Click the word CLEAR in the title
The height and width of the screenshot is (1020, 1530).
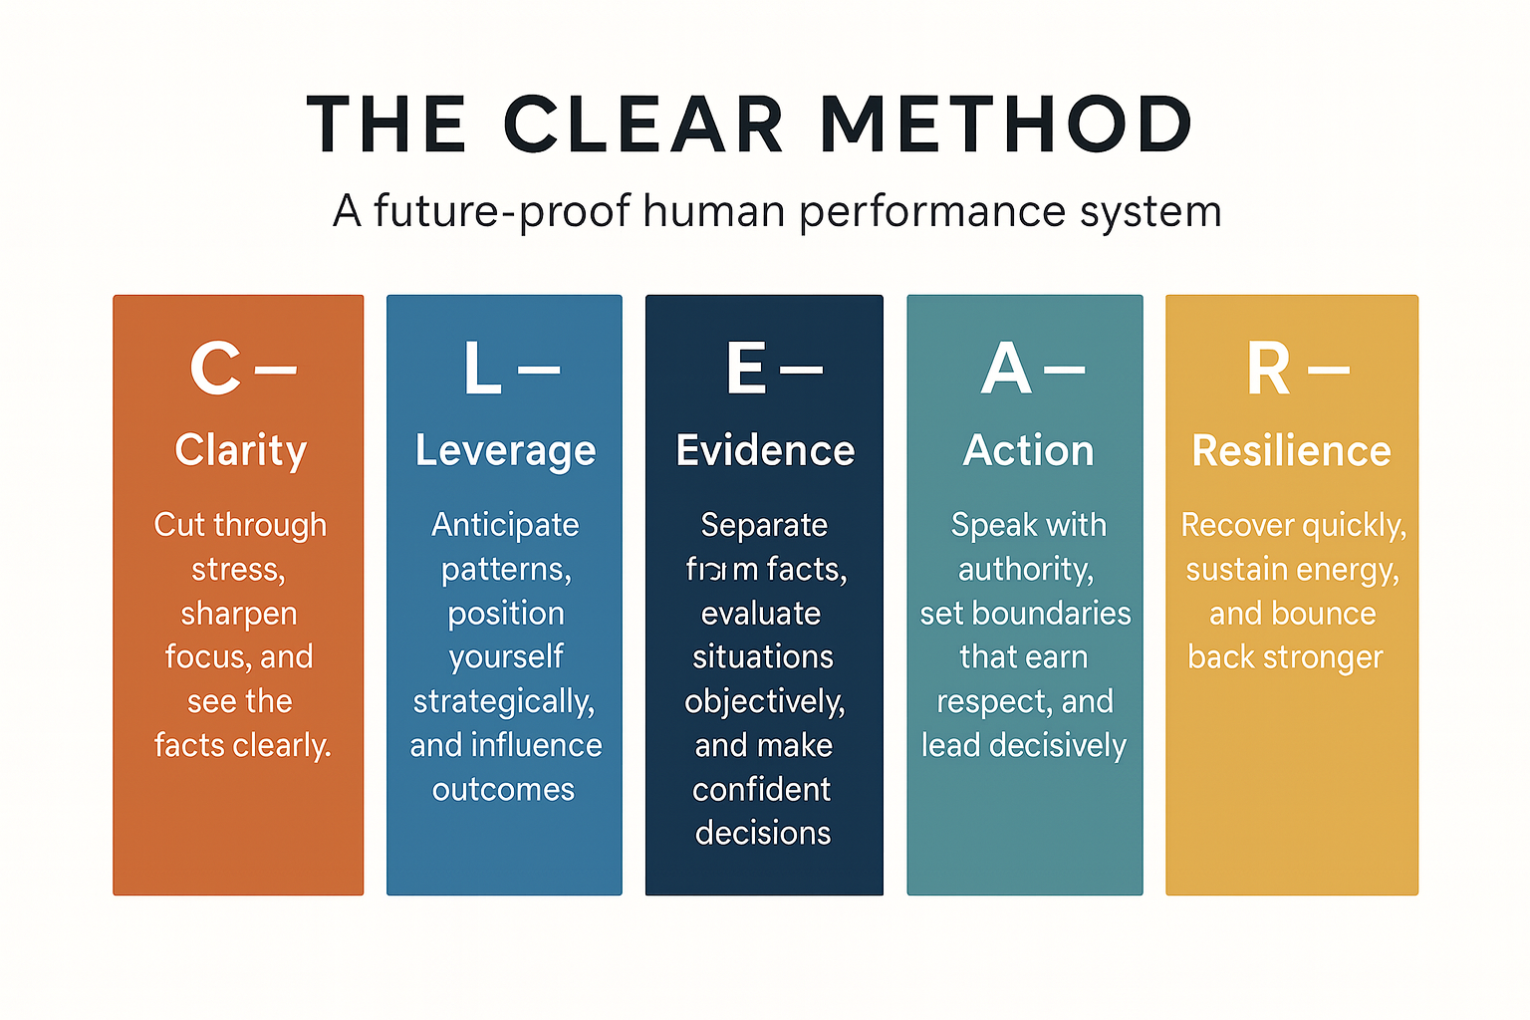[x=643, y=125]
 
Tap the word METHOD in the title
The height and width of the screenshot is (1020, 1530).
[x=1006, y=125]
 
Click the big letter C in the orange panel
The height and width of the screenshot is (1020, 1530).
[x=215, y=369]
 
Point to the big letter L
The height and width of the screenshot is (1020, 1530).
[x=482, y=369]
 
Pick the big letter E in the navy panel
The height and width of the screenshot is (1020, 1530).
[x=746, y=369]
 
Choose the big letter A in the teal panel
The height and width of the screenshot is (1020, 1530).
[x=1005, y=369]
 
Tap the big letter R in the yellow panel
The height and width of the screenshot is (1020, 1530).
[x=1268, y=369]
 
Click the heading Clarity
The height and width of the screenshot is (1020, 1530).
[x=240, y=450]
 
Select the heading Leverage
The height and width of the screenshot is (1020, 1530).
[x=505, y=451]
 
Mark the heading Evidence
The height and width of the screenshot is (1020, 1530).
[x=765, y=450]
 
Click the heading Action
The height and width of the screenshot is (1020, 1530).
[x=1028, y=450]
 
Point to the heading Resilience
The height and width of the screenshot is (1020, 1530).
[x=1291, y=450]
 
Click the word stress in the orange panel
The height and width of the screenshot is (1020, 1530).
[x=237, y=570]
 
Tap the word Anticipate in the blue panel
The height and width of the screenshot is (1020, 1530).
[x=505, y=525]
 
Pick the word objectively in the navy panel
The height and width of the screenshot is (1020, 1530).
[x=764, y=702]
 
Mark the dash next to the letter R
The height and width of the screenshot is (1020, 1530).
[x=1329, y=370]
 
